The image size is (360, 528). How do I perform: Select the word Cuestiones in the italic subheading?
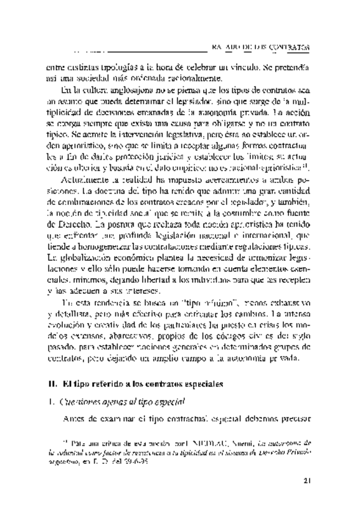pos(80,402)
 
